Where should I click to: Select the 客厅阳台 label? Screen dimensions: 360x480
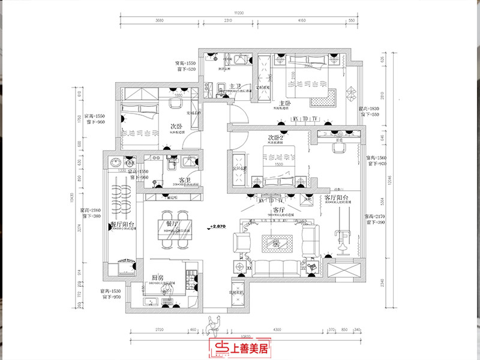[x=337, y=197]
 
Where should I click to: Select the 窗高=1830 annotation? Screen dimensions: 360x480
[x=370, y=109]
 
